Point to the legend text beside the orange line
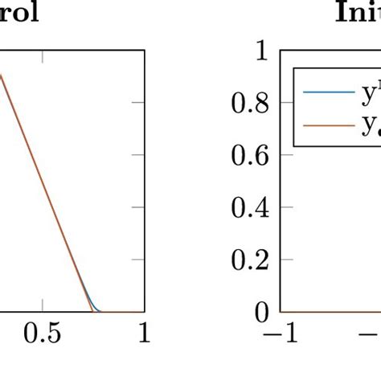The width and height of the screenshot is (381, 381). [366, 125]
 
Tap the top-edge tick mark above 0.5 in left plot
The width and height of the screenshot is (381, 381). [43, 54]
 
